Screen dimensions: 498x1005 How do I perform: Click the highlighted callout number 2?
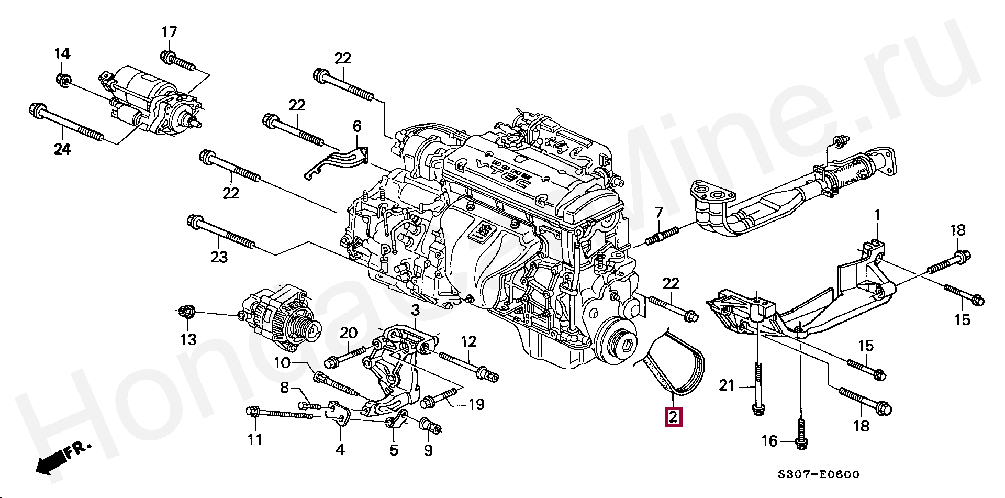673,417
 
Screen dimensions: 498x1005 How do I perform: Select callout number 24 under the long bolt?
62,150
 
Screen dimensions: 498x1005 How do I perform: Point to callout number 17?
169,32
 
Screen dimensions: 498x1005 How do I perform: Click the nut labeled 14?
62,80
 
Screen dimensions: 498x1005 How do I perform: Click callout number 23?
219,257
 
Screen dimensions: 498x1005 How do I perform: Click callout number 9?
428,450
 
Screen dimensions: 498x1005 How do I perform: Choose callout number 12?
468,342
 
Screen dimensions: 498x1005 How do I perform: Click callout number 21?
727,386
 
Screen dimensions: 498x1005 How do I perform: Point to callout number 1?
877,215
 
